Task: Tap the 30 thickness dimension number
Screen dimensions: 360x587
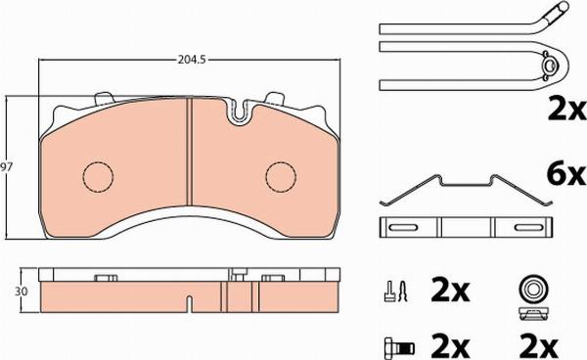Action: pyautogui.click(x=10, y=292)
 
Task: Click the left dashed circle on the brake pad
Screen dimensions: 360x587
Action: pyautogui.click(x=96, y=176)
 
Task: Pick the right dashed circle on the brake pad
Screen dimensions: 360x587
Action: pyautogui.click(x=280, y=176)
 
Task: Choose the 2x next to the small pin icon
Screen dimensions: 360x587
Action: pyautogui.click(x=452, y=291)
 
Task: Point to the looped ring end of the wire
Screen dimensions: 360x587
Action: pyautogui.click(x=550, y=67)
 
